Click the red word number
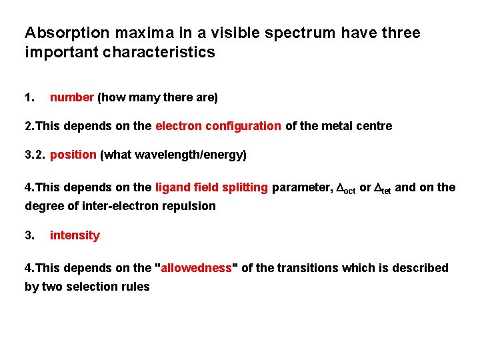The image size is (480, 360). pyautogui.click(x=72, y=97)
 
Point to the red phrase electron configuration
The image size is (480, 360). pyautogui.click(x=218, y=126)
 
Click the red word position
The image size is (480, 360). pyautogui.click(x=73, y=155)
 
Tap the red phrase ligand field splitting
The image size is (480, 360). pyautogui.click(x=211, y=188)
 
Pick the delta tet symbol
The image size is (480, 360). pyautogui.click(x=383, y=189)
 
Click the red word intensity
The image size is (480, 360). pyautogui.click(x=75, y=235)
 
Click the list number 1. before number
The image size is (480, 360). pyautogui.click(x=29, y=97)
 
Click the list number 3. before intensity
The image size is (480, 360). pyautogui.click(x=29, y=235)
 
